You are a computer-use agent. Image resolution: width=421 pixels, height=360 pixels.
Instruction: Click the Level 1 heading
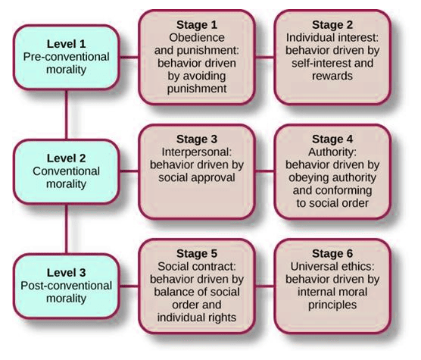click(x=67, y=44)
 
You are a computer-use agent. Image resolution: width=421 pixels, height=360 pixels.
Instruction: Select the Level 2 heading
click(x=67, y=158)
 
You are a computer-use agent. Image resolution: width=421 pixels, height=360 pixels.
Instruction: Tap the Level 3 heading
click(x=67, y=273)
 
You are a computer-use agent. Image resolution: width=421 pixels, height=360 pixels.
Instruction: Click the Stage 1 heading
click(x=197, y=25)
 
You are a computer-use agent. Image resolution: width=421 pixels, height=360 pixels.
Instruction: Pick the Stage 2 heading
click(x=332, y=25)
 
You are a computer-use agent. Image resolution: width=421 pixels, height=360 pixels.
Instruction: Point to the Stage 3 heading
click(x=197, y=139)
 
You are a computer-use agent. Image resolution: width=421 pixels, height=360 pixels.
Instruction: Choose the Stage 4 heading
click(x=332, y=139)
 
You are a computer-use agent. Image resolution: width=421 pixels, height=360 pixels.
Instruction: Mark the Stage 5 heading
click(x=197, y=254)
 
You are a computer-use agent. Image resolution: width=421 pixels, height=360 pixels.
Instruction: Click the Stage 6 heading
click(x=332, y=254)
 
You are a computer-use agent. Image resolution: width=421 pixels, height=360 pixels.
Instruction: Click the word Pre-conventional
click(x=67, y=57)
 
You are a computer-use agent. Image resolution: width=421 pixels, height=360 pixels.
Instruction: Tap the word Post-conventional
click(x=67, y=286)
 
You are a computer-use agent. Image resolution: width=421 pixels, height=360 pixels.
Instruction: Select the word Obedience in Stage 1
click(x=197, y=38)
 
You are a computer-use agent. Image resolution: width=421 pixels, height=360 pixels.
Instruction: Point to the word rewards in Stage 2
click(x=332, y=76)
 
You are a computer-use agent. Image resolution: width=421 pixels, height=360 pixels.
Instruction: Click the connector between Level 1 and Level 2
click(x=67, y=115)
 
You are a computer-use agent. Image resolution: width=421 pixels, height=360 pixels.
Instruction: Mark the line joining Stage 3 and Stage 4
click(x=264, y=171)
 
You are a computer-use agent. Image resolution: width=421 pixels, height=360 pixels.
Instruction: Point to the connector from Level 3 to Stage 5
click(x=129, y=286)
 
